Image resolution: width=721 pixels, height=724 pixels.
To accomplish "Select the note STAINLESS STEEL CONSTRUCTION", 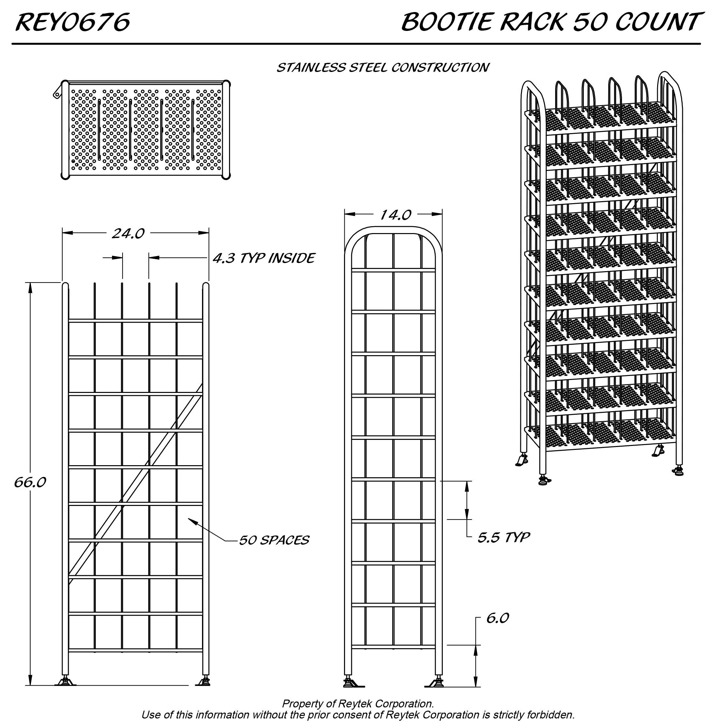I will click(382, 68).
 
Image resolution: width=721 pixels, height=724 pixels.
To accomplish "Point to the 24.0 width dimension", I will click(128, 233).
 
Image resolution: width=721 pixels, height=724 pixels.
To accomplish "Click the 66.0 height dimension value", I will click(30, 482).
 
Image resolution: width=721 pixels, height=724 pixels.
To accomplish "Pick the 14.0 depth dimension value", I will click(396, 215).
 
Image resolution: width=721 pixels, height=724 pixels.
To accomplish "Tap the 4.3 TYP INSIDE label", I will click(264, 258).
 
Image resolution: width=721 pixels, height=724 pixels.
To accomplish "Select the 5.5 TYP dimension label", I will click(503, 537).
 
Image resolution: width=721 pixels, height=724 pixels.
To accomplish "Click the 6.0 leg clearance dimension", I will click(497, 618).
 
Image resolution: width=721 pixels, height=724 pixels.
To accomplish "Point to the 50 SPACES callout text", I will click(274, 540).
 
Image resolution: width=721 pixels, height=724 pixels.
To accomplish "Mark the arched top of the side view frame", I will click(393, 229).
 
